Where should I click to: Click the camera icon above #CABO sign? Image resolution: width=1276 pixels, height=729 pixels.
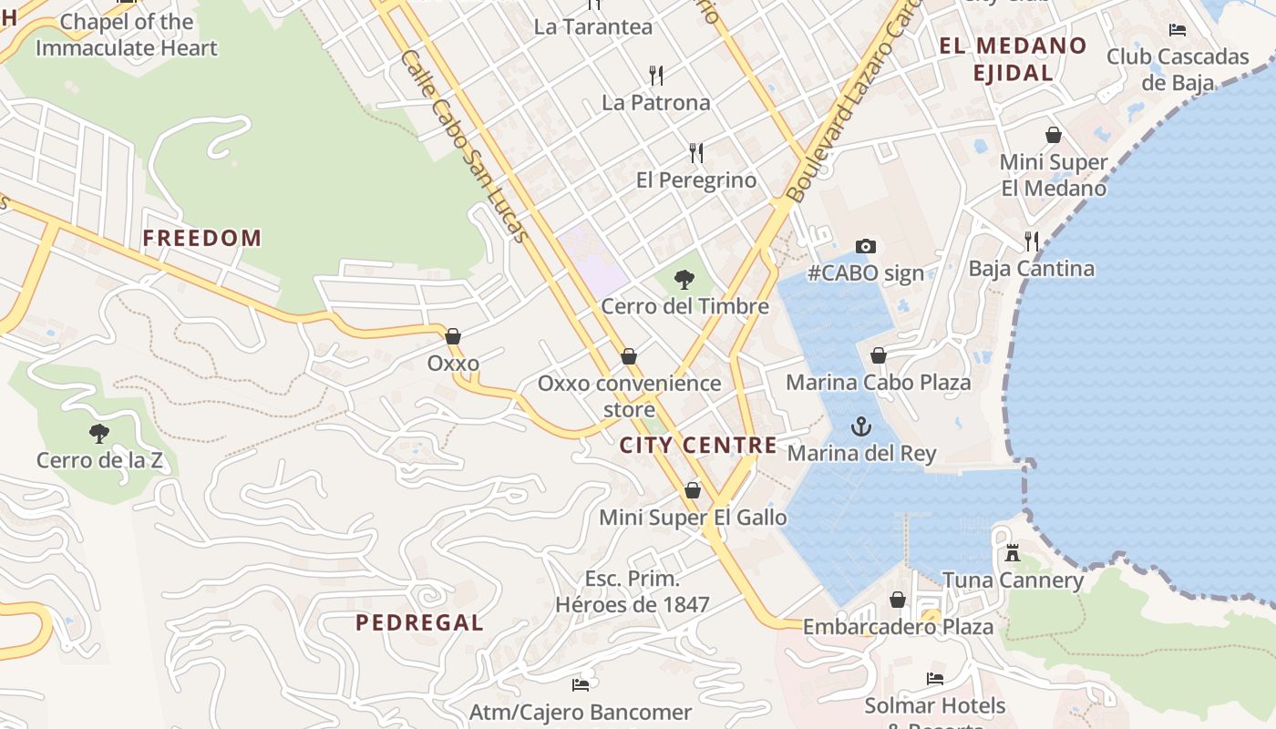866,246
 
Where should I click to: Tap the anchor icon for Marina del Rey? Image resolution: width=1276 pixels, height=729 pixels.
860,426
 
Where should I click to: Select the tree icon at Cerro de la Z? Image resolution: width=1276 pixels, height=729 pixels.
99,433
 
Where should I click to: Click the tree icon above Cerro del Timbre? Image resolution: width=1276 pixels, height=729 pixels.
684,280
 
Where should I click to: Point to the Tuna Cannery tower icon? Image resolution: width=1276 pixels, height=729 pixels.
1012,552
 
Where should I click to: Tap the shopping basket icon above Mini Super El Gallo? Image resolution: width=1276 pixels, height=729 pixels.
693,491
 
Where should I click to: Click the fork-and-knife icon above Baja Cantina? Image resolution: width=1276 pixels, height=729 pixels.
1032,241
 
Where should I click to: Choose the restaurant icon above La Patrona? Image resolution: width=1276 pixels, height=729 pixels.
655,75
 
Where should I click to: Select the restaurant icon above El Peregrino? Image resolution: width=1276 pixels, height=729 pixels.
696,152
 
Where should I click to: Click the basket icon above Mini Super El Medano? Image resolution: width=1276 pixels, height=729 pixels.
1054,135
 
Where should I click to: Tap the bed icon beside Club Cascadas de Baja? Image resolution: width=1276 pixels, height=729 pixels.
1178,29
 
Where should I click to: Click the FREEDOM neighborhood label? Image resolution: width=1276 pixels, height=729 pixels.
201,239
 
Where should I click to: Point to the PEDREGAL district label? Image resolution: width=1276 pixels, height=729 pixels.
419,623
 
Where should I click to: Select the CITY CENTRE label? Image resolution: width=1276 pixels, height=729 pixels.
698,446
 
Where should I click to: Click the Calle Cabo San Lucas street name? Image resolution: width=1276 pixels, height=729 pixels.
465,146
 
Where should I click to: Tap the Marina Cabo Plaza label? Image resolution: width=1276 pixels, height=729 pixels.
878,383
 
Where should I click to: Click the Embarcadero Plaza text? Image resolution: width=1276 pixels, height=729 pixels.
898,627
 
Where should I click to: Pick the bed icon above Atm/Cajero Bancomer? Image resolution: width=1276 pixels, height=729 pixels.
581,684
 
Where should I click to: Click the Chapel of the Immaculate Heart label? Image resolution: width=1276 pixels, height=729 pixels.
127,35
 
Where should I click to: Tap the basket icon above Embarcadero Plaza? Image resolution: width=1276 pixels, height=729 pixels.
898,600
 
